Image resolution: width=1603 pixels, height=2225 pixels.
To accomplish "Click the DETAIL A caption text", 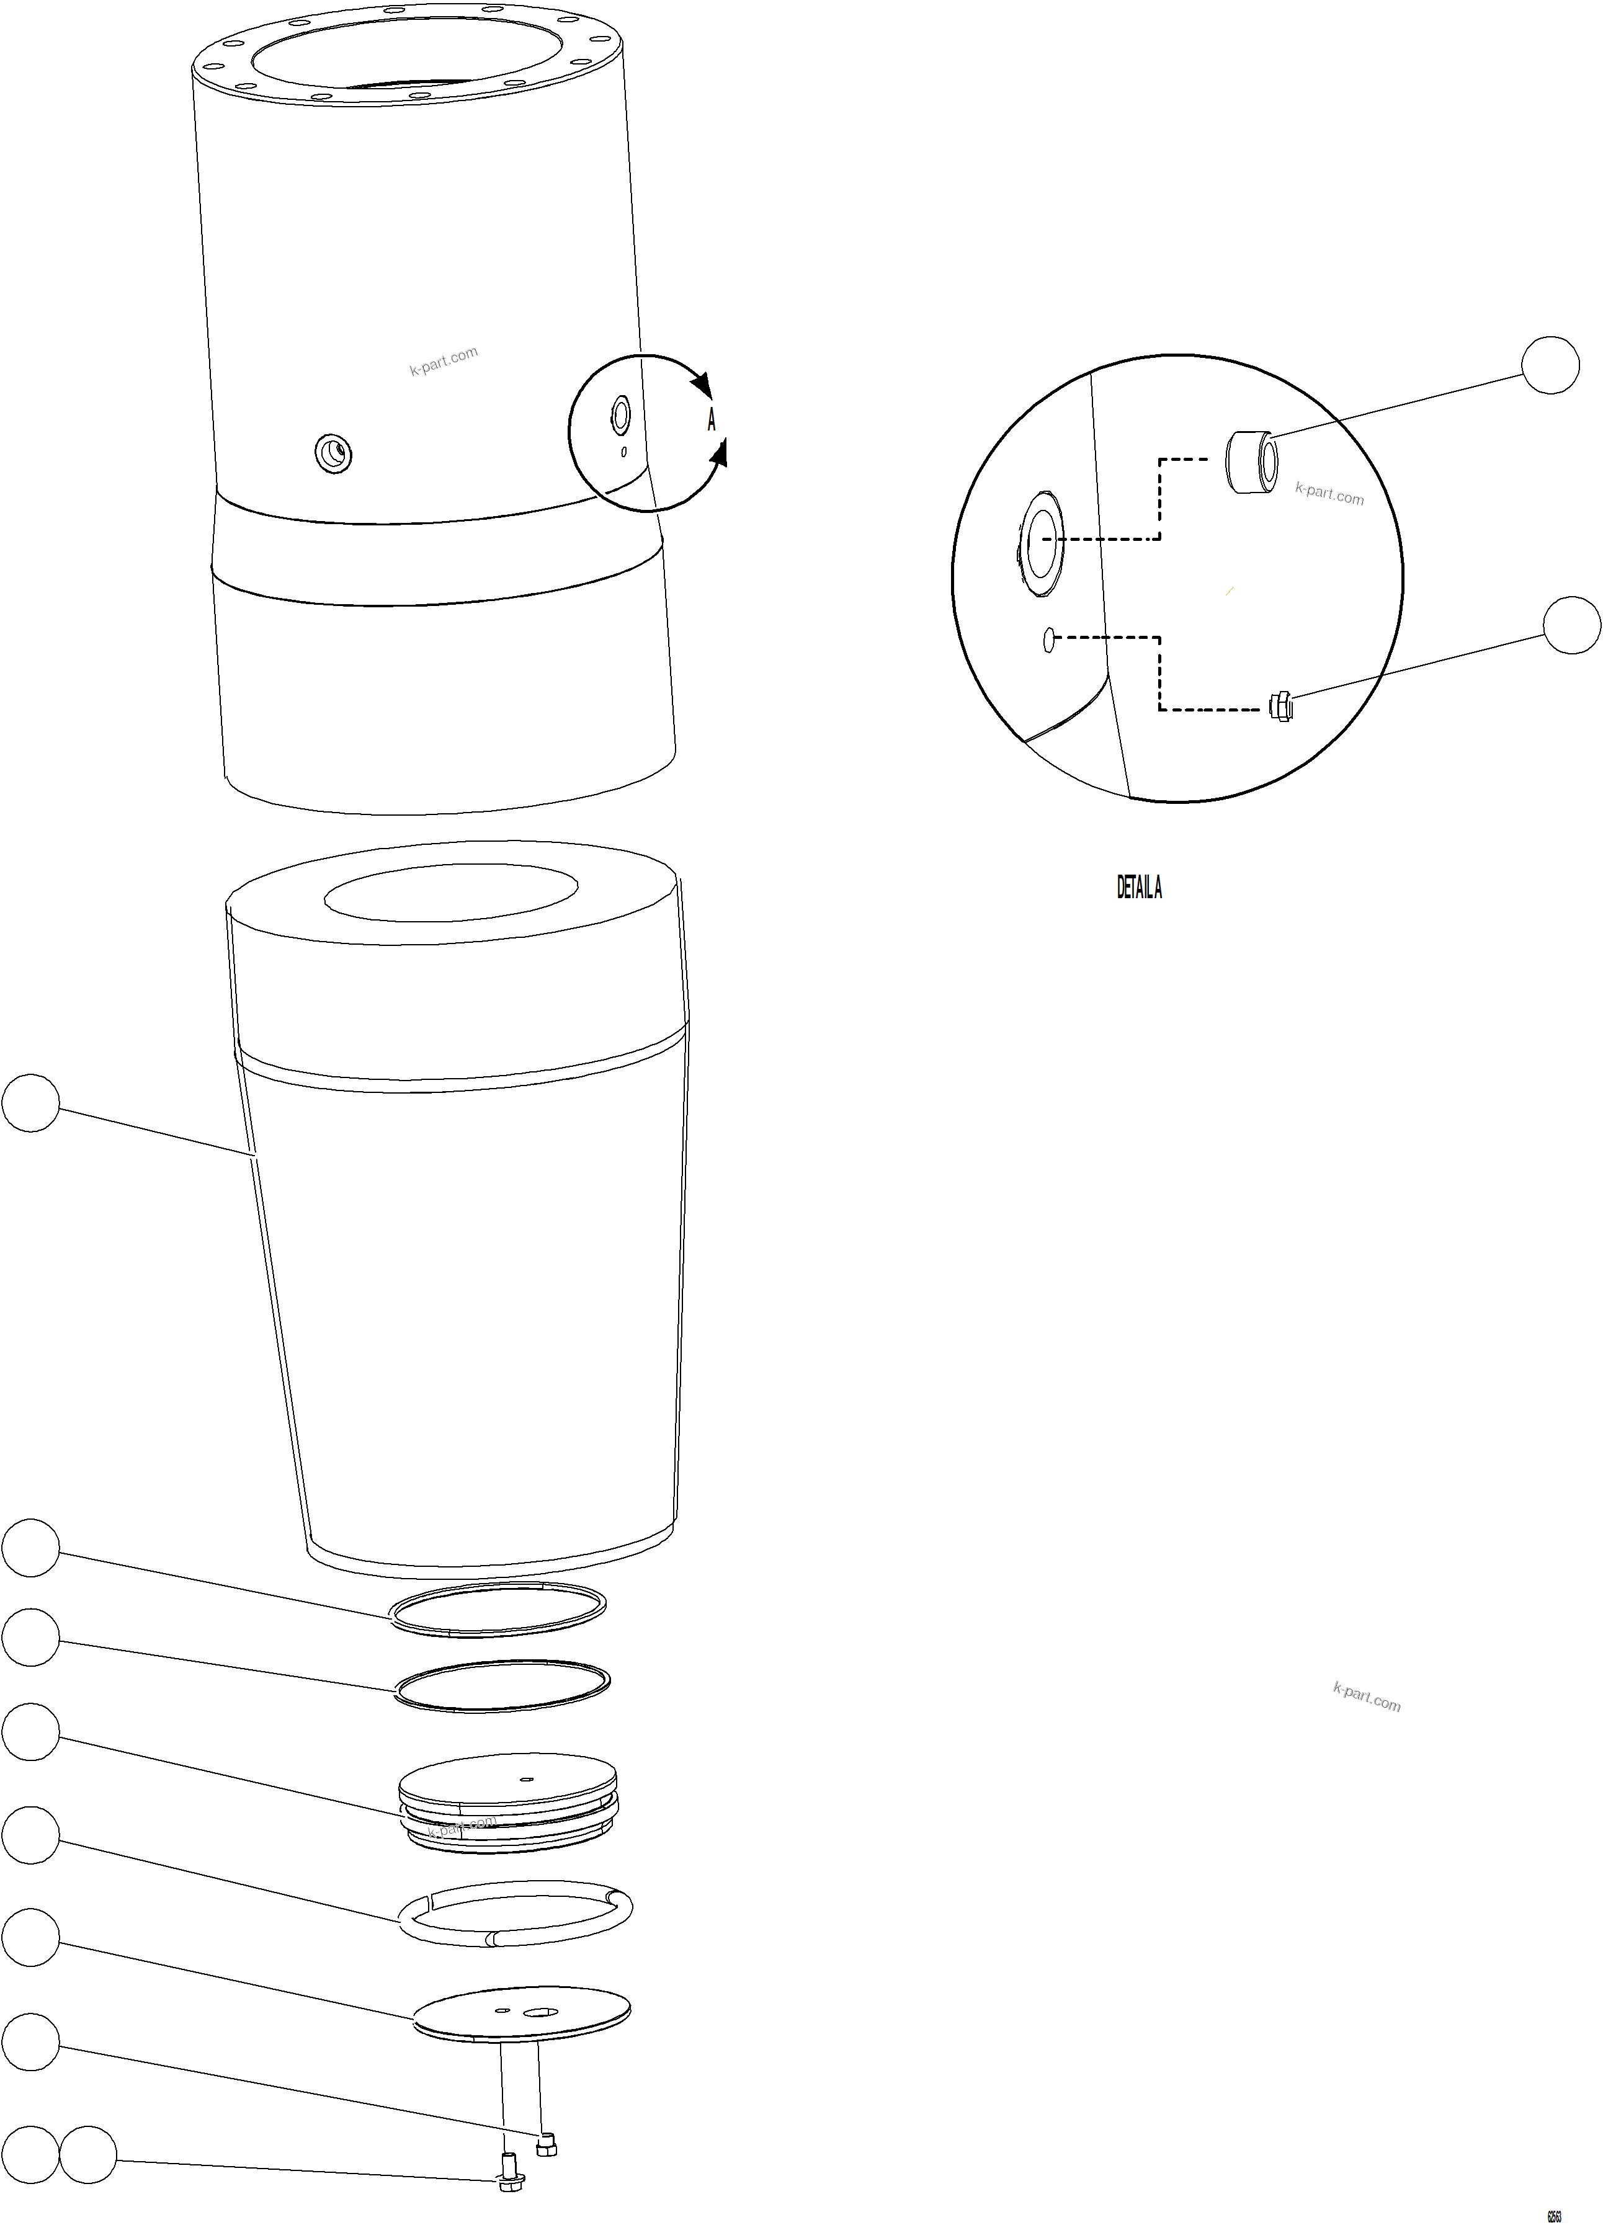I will [x=1139, y=888].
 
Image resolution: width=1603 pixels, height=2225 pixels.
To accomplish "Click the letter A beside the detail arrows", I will [x=712, y=420].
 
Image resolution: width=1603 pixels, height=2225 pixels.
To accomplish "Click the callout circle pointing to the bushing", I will [x=1550, y=365].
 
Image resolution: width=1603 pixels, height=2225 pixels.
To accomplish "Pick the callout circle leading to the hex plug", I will [x=1571, y=625].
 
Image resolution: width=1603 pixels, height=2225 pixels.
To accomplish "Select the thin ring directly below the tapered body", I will [x=498, y=1610].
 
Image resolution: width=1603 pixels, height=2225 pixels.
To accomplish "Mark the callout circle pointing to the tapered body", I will [x=30, y=1103].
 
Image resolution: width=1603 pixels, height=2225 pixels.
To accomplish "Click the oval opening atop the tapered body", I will [x=450, y=892].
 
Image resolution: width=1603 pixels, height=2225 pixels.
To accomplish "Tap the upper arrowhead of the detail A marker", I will [x=700, y=383].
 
